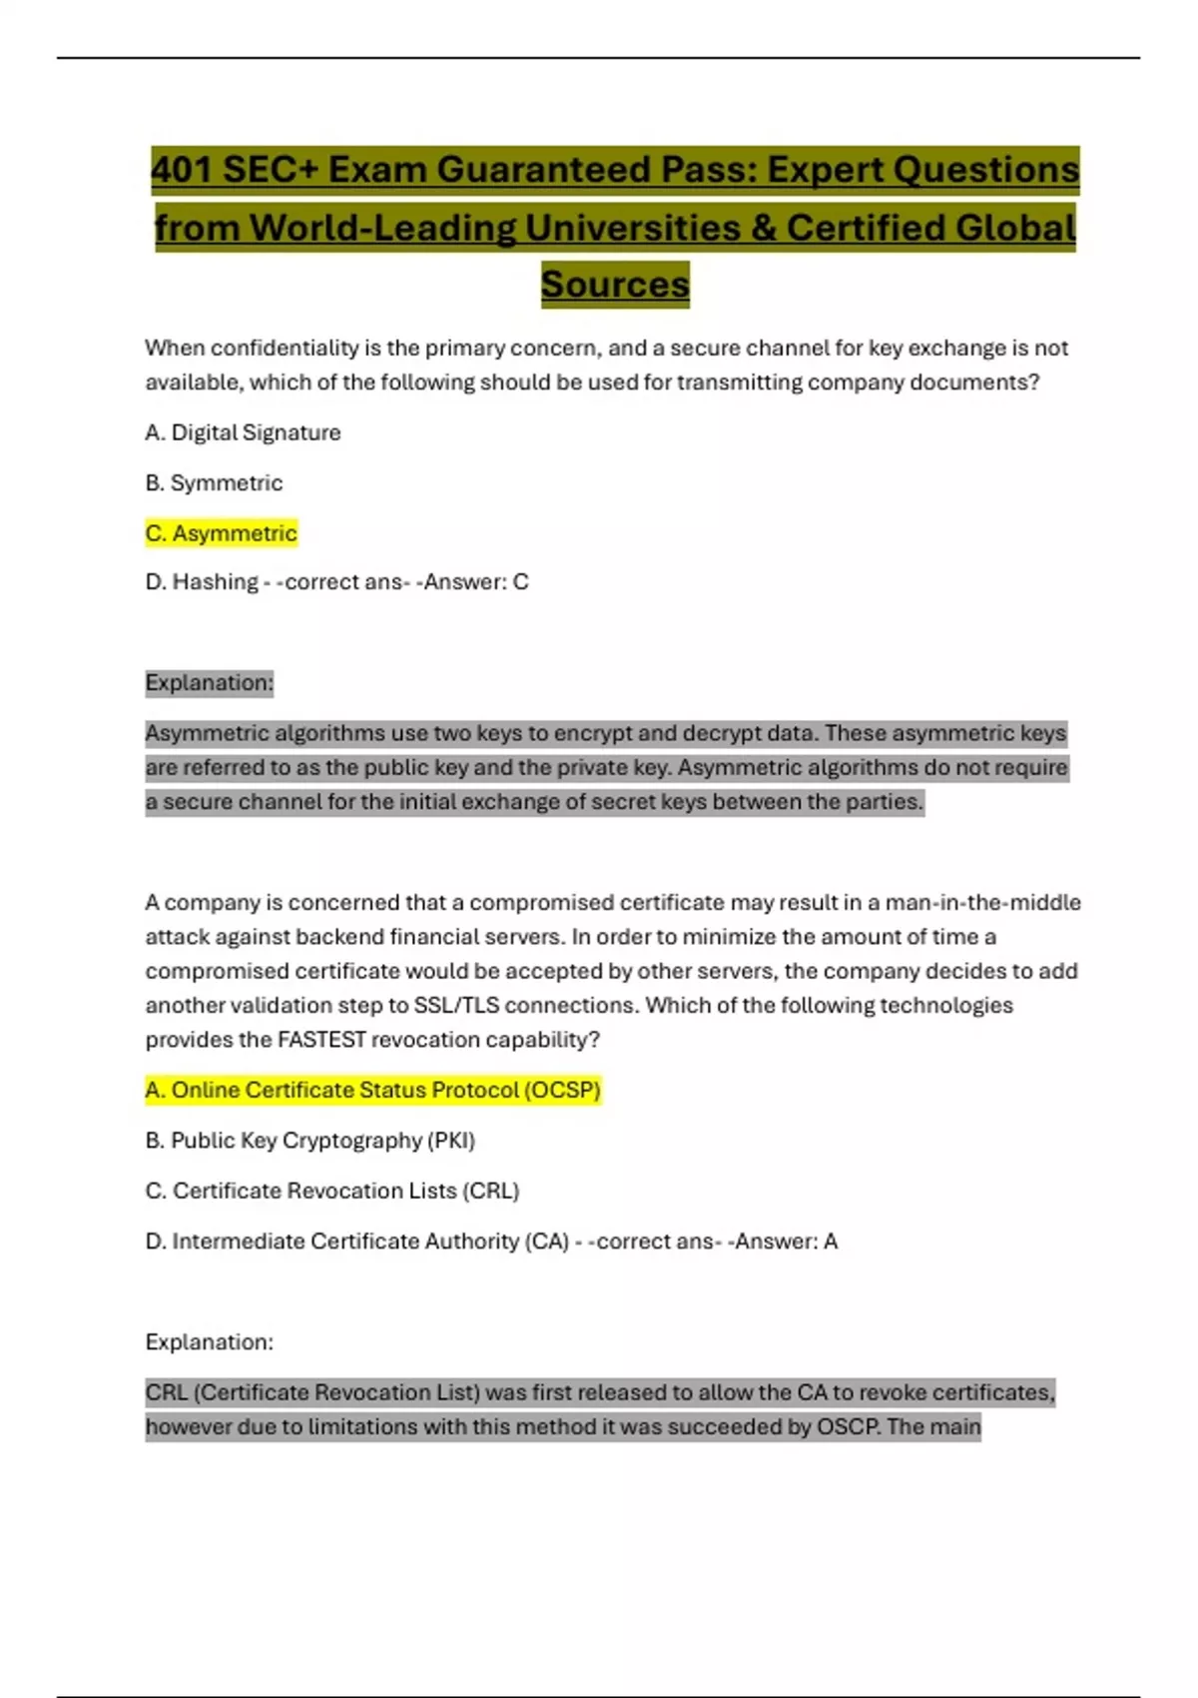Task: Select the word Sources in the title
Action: pyautogui.click(x=615, y=285)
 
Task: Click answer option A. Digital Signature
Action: pyautogui.click(x=243, y=432)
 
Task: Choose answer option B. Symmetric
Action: pyautogui.click(x=214, y=483)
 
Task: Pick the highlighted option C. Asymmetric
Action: pyautogui.click(x=221, y=533)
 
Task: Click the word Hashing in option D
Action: pyautogui.click(x=215, y=581)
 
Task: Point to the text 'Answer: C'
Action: pyautogui.click(x=476, y=581)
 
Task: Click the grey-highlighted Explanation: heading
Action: pyautogui.click(x=209, y=683)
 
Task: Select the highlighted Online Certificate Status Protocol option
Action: pyautogui.click(x=372, y=1090)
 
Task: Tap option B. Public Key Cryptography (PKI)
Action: pyautogui.click(x=309, y=1141)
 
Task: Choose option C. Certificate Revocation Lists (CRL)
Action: pyautogui.click(x=332, y=1191)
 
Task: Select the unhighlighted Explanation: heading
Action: pyautogui.click(x=209, y=1342)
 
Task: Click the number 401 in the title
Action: pyautogui.click(x=182, y=170)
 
